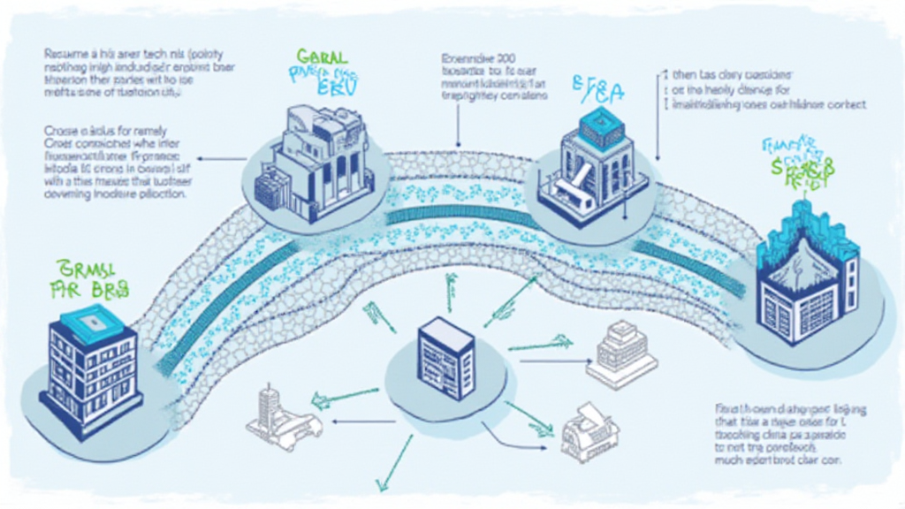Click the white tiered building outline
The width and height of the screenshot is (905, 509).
coord(622,353)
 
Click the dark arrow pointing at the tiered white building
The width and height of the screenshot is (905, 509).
coord(552,360)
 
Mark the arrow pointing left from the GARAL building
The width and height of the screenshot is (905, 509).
coord(221,159)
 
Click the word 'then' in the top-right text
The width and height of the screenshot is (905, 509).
coord(685,76)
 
